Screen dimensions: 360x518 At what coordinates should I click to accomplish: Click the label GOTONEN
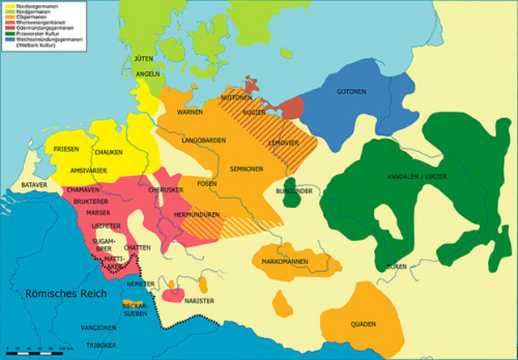click(x=355, y=91)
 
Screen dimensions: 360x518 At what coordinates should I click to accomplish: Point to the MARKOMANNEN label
click(x=291, y=260)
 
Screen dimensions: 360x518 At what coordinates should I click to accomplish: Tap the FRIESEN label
click(x=66, y=150)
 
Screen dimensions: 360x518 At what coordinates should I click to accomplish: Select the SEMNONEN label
click(x=245, y=169)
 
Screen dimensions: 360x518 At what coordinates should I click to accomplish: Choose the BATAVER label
click(x=35, y=184)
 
